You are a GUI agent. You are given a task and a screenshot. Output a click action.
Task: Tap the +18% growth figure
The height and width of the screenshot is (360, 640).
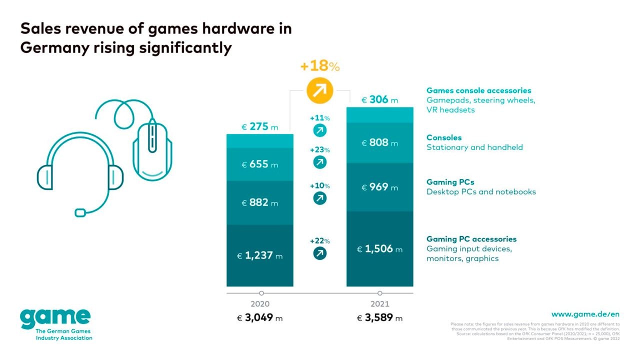(x=319, y=66)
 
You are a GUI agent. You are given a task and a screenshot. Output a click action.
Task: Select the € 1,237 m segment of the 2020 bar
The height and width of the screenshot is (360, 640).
(x=260, y=256)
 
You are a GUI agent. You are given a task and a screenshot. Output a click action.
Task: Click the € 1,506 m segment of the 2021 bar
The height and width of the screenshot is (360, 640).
(x=380, y=249)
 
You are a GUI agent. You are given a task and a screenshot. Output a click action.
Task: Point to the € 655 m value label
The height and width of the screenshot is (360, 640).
(x=260, y=164)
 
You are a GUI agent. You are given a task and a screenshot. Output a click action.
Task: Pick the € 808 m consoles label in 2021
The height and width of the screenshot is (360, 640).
(x=380, y=143)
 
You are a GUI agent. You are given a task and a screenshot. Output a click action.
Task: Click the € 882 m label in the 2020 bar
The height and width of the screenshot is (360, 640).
(x=260, y=203)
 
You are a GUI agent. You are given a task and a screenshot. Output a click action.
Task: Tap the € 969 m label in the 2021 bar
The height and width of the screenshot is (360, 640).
(x=380, y=187)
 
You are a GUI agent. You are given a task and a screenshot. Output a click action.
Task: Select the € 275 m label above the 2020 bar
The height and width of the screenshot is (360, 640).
(x=260, y=127)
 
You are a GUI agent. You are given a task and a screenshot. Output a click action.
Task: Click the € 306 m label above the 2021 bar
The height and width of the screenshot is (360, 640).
(x=380, y=100)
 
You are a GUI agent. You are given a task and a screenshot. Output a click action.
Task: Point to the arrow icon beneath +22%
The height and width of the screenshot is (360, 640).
(x=319, y=253)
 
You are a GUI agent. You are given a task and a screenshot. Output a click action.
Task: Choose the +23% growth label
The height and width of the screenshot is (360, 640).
(x=319, y=150)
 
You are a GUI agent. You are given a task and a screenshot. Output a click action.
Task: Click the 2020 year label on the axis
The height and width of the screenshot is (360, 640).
(x=260, y=304)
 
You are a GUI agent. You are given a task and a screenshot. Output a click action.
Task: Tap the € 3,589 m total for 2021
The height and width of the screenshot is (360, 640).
(x=380, y=318)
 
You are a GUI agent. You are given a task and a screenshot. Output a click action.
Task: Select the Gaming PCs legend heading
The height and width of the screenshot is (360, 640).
(x=450, y=182)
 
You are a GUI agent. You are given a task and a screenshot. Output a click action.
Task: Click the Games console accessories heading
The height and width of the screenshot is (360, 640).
(x=478, y=90)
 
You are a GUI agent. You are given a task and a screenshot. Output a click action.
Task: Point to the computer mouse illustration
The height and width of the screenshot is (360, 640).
(x=152, y=147)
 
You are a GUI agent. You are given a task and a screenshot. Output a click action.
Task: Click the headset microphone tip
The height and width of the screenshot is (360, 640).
(x=80, y=212)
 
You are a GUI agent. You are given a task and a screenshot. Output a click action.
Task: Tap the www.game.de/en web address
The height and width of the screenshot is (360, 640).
(x=585, y=314)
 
